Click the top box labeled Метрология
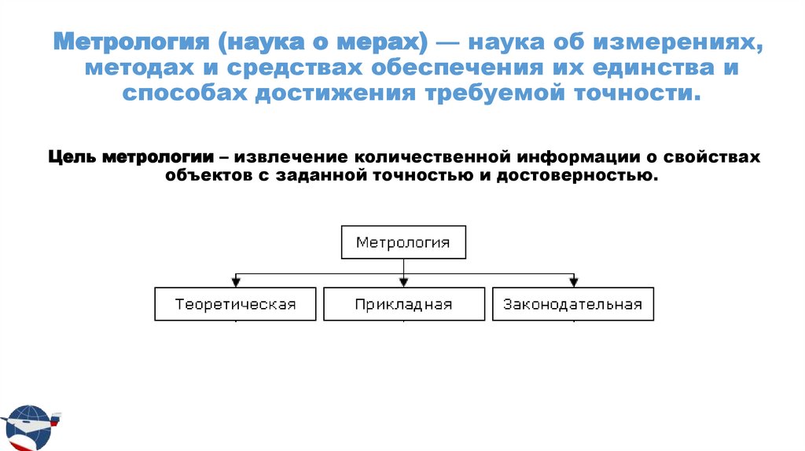pos(403,242)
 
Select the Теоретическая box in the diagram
pos(235,304)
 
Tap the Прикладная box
pos(403,304)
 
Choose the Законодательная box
pos(573,304)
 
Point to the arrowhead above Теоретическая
pos(235,282)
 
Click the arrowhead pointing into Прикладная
pos(403,282)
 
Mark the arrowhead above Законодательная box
pos(573,282)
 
